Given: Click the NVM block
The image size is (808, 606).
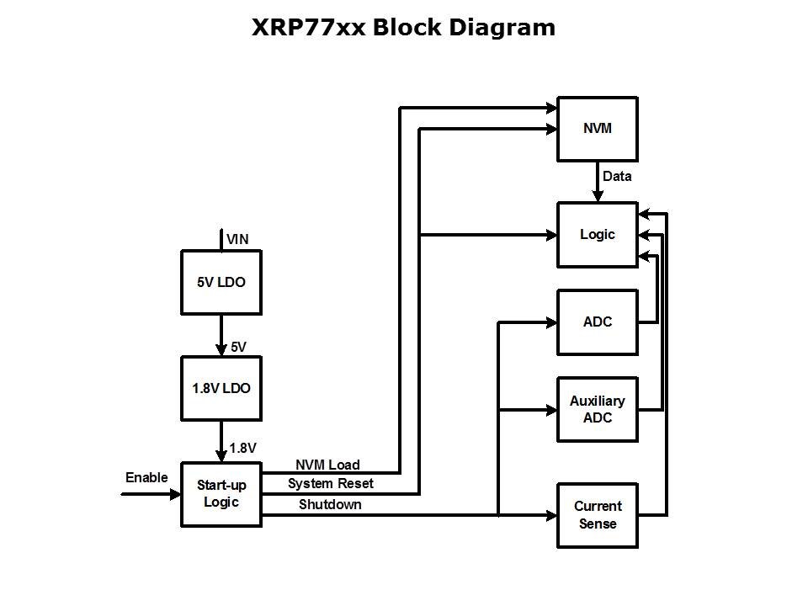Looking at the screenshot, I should point(597,129).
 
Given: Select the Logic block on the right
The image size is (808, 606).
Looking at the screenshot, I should point(597,235).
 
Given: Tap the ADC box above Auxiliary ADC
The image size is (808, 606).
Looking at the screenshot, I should point(597,322).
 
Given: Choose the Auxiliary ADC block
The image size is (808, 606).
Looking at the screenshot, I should point(597,410).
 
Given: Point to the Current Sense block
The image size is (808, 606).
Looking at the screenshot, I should point(597,515).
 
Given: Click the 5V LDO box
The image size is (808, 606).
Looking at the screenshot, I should point(221,283).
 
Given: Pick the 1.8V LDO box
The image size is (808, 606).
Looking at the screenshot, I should point(221,388).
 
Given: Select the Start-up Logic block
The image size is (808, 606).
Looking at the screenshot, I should point(221,494).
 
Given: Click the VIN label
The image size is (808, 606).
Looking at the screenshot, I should point(237,240).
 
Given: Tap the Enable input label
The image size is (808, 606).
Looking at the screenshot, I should point(146,477).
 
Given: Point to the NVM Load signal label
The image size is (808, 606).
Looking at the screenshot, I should point(327,465).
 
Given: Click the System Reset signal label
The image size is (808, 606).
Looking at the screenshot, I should point(330,483).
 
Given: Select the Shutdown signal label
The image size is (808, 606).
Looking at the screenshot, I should point(330,504).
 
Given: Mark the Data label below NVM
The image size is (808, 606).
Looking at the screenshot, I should point(617,177).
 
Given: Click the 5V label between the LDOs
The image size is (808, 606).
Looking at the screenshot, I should point(238,347).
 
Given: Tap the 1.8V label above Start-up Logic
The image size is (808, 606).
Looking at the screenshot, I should point(242,448).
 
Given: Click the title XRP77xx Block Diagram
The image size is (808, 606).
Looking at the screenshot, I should point(403,28).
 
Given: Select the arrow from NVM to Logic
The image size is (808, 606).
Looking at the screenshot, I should point(598,181).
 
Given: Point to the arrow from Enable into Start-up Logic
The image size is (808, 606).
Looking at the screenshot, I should point(151,494).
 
